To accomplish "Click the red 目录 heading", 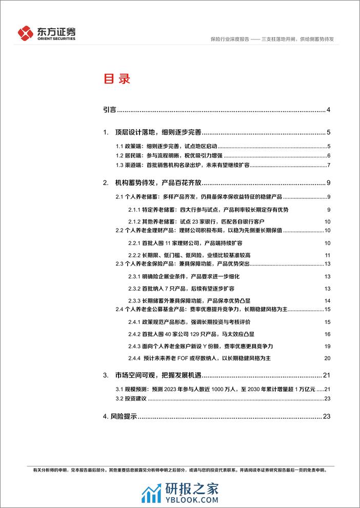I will pyautogui.click(x=117, y=79).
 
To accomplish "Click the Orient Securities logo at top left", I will pyautogui.click(x=47, y=33).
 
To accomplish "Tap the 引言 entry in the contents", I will pyautogui.click(x=109, y=109).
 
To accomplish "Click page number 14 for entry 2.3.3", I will pyautogui.click(x=328, y=301).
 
